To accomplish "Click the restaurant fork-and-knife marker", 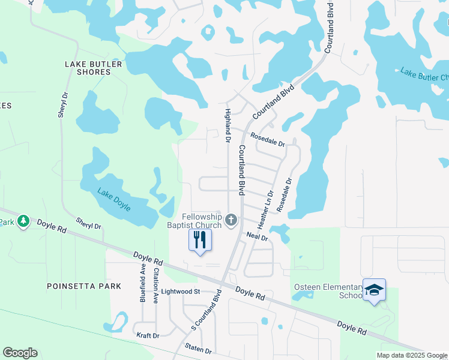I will pyautogui.click(x=200, y=240).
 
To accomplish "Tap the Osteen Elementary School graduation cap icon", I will pyautogui.click(x=374, y=290).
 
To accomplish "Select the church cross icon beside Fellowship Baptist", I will pyautogui.click(x=231, y=222).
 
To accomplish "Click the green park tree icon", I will pyautogui.click(x=23, y=221).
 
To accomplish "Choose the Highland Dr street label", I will pyautogui.click(x=228, y=125).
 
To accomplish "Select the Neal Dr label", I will pyautogui.click(x=256, y=238).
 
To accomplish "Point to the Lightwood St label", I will pyautogui.click(x=180, y=292).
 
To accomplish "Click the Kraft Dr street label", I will pyautogui.click(x=147, y=335).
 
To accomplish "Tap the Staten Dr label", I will pyautogui.click(x=198, y=350).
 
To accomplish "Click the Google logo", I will pyautogui.click(x=20, y=353).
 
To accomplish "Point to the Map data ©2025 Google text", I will pyautogui.click(x=412, y=355).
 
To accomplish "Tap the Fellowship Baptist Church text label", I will pyautogui.click(x=194, y=221).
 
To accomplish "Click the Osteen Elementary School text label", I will pyautogui.click(x=328, y=291).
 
